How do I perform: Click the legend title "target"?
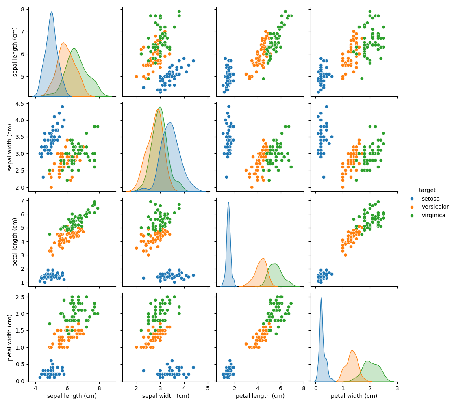(427, 190)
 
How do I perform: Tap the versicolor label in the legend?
(435, 207)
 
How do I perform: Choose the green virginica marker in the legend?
(412, 216)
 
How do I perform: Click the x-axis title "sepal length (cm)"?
(72, 396)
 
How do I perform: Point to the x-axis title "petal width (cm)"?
(354, 396)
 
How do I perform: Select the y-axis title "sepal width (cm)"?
(10, 147)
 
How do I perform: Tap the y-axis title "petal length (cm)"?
(15, 242)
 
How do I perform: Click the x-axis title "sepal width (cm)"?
(166, 396)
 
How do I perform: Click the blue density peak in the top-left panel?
(52, 12)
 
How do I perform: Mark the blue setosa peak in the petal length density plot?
(228, 202)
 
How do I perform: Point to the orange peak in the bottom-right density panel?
(352, 350)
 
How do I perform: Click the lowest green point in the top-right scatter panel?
(362, 78)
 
